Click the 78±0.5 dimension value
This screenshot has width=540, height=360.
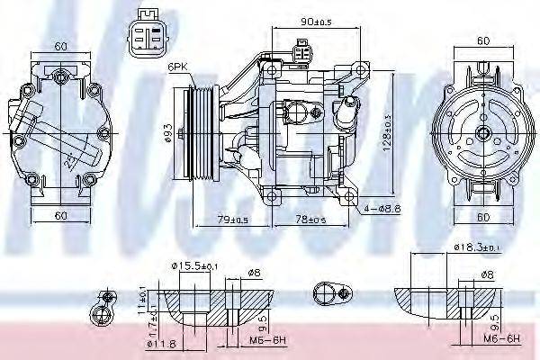point(314,220)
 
